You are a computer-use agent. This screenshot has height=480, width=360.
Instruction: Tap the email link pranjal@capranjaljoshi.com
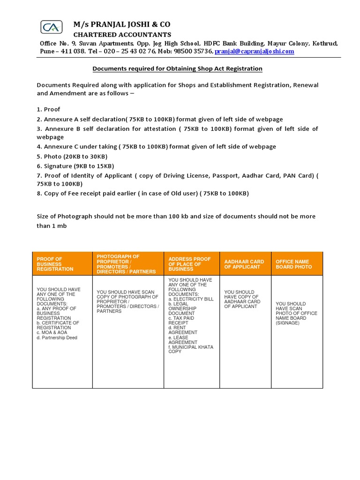click(x=255, y=51)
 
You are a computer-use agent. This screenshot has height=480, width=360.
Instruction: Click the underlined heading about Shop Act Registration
click(x=177, y=69)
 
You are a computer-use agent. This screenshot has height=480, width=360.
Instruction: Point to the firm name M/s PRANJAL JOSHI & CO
click(x=122, y=24)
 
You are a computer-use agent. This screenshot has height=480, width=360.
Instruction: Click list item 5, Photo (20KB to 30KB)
click(x=72, y=156)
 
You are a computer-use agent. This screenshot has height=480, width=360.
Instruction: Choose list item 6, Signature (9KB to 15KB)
click(x=75, y=166)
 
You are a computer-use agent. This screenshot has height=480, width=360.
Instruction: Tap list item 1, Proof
click(x=49, y=109)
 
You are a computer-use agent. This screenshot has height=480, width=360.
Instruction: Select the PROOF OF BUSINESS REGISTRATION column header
click(x=55, y=264)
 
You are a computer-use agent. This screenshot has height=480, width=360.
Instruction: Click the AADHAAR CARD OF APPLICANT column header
click(x=244, y=264)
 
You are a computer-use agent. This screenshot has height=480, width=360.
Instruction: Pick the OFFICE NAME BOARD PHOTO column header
click(x=293, y=264)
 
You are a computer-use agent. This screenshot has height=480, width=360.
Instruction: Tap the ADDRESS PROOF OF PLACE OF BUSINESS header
click(x=190, y=264)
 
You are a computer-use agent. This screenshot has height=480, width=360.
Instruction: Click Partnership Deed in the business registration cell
click(x=59, y=337)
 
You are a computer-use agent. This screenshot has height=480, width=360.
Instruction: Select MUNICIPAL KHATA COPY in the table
click(x=191, y=349)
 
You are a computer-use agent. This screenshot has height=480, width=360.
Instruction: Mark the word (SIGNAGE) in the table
click(x=287, y=323)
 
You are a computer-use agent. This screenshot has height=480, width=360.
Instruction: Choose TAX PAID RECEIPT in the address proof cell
click(x=183, y=320)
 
